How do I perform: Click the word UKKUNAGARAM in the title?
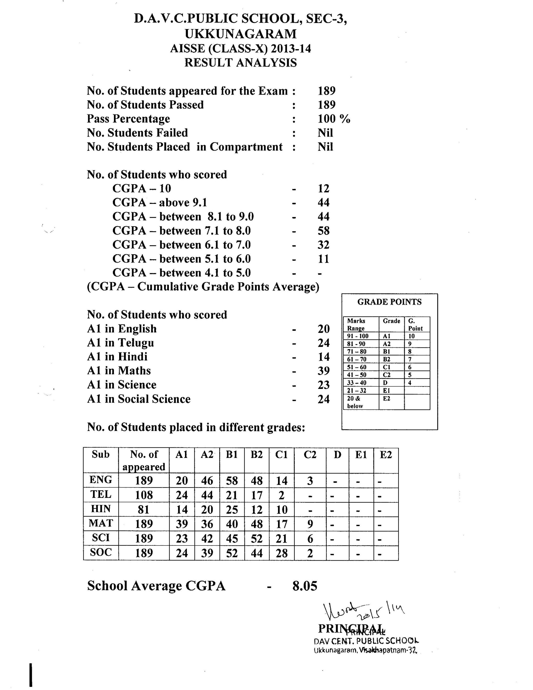(241, 34)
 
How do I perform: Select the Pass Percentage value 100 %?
(334, 119)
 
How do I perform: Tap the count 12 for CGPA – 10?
(323, 189)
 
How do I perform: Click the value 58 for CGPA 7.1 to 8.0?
(323, 231)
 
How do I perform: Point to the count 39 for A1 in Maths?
(323, 371)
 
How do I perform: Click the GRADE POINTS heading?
(389, 302)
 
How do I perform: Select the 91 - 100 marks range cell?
(358, 336)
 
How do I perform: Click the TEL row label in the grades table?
(101, 494)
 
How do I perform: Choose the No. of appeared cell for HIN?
(144, 510)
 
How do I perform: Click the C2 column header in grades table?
(310, 455)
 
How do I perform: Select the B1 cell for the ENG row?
(232, 481)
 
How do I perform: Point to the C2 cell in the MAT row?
(310, 524)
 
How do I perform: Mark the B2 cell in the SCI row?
(256, 539)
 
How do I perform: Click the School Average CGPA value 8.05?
(305, 586)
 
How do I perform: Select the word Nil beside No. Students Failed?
(325, 133)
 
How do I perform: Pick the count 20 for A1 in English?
(323, 329)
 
